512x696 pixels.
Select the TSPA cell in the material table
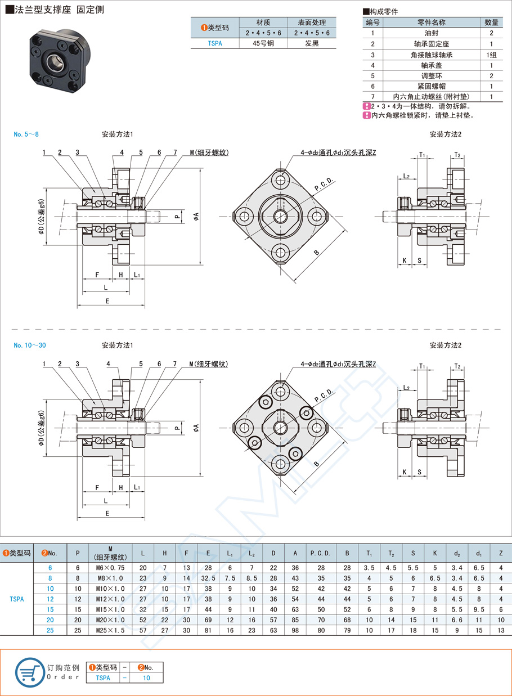click(215, 43)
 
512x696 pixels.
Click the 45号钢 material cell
click(263, 43)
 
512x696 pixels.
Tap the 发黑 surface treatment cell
click(312, 43)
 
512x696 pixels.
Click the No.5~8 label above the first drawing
click(26, 134)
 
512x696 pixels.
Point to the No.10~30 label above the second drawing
click(29, 345)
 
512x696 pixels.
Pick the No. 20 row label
click(50, 619)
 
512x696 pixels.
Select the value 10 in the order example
click(146, 678)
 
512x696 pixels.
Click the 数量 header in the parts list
click(491, 23)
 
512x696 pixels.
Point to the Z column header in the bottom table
click(501, 553)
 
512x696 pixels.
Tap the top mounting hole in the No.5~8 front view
click(281, 180)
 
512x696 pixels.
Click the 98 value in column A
click(295, 630)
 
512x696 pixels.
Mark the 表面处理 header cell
click(312, 23)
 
